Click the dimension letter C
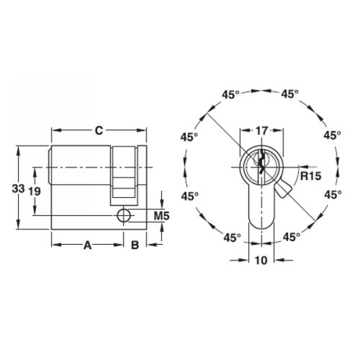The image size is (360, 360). (100, 131)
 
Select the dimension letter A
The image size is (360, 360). (87, 245)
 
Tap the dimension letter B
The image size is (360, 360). (134, 245)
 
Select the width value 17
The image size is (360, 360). (262, 132)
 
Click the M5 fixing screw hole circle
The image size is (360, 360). (125, 215)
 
